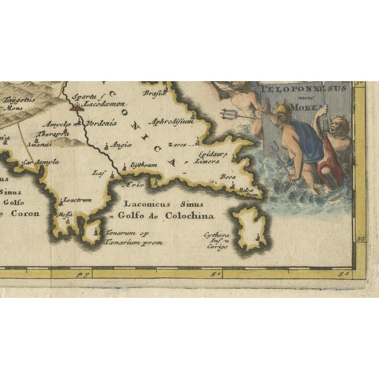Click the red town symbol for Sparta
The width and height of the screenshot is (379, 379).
point(75,107)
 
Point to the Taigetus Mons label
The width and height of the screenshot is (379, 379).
point(13,105)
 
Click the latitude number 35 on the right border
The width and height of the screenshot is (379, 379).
point(361,239)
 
